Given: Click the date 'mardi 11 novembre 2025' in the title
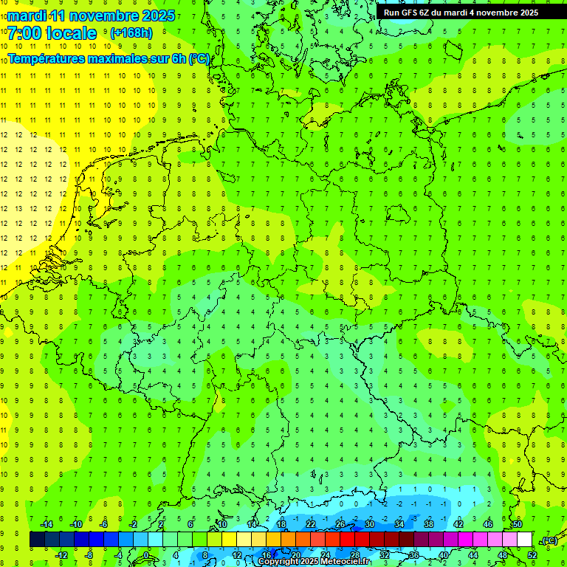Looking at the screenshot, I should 91,16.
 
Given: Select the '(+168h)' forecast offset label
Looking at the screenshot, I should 131,33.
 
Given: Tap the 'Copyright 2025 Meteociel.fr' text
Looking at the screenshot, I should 314,562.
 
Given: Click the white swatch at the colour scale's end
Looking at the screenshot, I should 524,540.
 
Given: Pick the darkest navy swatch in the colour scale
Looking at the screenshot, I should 37,540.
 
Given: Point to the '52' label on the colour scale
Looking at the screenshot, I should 532,555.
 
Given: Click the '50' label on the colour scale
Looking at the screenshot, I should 518,524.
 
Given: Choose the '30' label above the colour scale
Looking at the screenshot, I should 370,524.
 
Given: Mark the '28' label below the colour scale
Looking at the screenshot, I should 355,555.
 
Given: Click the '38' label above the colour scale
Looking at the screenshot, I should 429,524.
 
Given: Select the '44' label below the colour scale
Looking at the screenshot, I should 473,555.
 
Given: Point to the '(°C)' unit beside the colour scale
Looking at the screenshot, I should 549,540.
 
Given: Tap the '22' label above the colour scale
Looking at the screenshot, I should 311,524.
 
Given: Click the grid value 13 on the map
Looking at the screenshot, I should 19,208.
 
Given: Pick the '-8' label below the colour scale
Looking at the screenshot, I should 89,555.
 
